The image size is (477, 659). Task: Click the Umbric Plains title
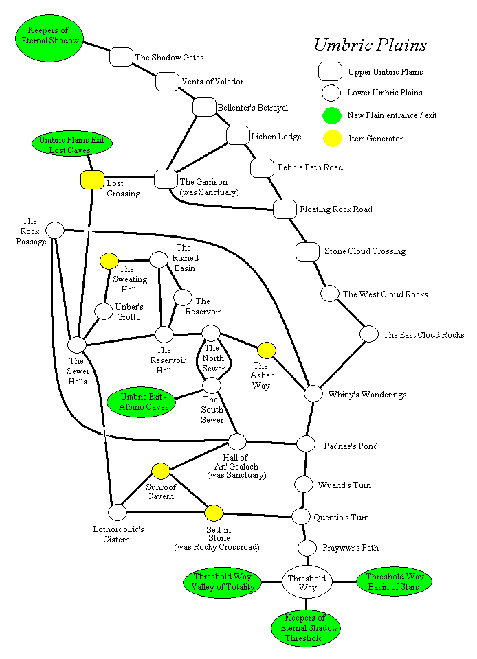370,45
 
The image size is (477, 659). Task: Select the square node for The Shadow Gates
121,57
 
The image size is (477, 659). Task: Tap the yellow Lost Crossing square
92,180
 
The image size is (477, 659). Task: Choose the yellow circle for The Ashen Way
266,351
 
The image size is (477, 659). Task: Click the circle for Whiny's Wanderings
313,393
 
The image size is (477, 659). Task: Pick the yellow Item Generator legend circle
332,138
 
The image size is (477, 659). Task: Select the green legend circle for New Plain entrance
332,115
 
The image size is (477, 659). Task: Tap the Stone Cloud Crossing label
364,251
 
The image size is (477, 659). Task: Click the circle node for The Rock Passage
54,230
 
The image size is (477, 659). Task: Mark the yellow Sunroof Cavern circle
160,471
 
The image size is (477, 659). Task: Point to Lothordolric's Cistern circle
118,511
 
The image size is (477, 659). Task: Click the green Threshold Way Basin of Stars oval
394,581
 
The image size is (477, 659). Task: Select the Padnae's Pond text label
351,446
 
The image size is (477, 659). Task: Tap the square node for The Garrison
166,178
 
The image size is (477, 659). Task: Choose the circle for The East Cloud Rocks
370,334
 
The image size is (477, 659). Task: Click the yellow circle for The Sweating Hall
109,261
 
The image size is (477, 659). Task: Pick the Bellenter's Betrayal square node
204,107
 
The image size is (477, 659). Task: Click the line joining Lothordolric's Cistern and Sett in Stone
166,512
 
